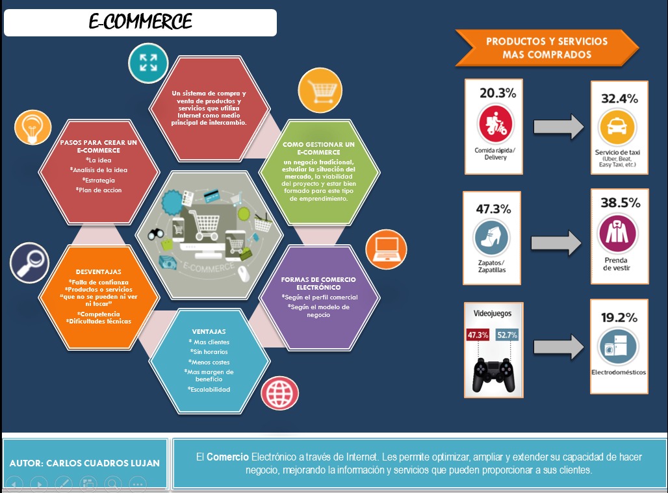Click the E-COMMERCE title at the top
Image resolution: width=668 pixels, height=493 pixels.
pyautogui.click(x=140, y=22)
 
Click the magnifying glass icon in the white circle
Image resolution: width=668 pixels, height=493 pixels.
pyautogui.click(x=31, y=262)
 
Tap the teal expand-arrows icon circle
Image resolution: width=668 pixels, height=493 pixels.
pyautogui.click(x=148, y=62)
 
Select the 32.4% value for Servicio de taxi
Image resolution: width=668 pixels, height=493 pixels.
pyautogui.click(x=619, y=99)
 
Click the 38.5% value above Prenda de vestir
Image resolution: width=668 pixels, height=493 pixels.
pyautogui.click(x=620, y=203)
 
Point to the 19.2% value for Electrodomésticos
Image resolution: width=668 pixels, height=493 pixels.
pyautogui.click(x=619, y=318)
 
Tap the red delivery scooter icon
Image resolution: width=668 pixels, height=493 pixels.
pyautogui.click(x=496, y=124)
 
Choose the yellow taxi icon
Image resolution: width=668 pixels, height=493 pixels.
pyautogui.click(x=617, y=127)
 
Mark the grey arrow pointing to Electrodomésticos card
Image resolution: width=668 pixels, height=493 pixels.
pyautogui.click(x=557, y=346)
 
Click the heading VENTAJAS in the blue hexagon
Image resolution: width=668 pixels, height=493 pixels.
pyautogui.click(x=209, y=331)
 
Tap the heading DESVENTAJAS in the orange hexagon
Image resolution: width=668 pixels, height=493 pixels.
pyautogui.click(x=98, y=272)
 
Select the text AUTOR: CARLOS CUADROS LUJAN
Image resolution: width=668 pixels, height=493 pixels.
pyautogui.click(x=84, y=463)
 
